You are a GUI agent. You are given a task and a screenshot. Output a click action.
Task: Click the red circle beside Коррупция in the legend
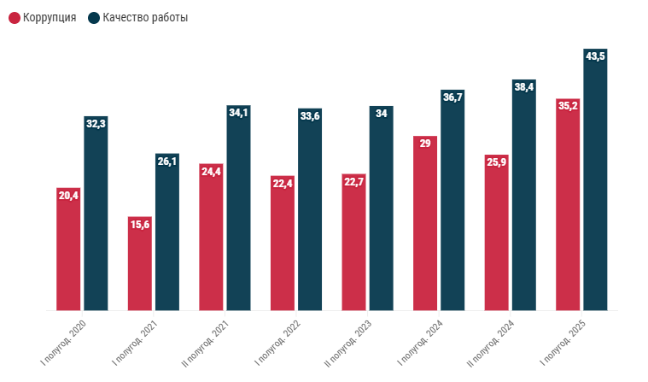tap(15, 17)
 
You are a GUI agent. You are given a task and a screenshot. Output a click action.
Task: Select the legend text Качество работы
tap(145, 17)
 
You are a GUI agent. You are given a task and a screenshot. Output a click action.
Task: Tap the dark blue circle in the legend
tap(94, 17)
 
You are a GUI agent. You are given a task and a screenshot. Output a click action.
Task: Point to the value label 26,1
tap(167, 162)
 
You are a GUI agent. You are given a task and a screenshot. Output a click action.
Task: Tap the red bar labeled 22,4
tap(283, 248)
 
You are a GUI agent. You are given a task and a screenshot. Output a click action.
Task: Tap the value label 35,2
tap(568, 107)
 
